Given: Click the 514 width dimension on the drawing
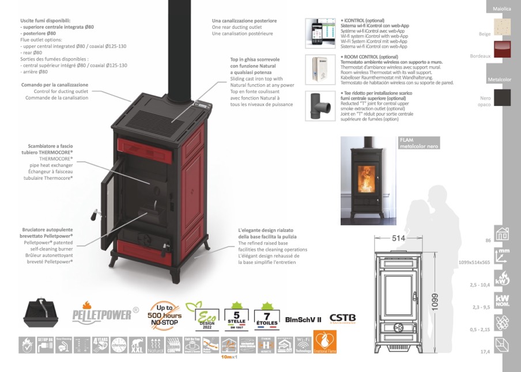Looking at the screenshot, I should [x=398, y=238].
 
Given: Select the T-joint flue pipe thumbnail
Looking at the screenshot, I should [x=316, y=105].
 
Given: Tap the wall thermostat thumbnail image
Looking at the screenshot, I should [x=316, y=69].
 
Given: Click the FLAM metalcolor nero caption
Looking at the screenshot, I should [x=419, y=143].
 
